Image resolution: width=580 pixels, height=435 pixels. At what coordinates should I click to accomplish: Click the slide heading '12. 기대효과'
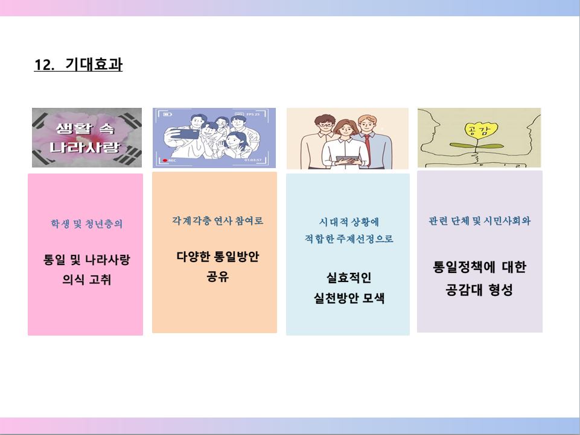click(x=78, y=64)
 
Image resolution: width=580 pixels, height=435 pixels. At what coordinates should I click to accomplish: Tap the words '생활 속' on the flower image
click(x=85, y=128)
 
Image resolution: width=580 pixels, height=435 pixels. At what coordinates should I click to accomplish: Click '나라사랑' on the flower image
click(x=85, y=147)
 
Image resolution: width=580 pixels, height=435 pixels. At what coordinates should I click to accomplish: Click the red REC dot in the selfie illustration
click(x=165, y=160)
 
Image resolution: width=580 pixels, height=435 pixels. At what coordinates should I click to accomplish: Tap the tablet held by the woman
click(x=347, y=160)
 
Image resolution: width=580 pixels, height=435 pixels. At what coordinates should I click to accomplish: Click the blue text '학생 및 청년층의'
click(x=86, y=224)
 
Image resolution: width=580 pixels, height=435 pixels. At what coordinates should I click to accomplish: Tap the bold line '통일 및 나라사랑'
click(x=86, y=260)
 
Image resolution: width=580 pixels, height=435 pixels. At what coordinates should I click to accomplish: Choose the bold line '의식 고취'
click(x=86, y=279)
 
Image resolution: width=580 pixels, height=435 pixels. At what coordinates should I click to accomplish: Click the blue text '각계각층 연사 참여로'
click(x=217, y=221)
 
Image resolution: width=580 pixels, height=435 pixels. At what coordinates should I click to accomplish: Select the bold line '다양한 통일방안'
click(x=217, y=256)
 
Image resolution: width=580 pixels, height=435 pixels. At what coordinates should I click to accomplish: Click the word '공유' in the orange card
click(x=217, y=276)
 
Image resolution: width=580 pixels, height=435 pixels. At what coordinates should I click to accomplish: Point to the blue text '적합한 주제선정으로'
click(x=349, y=239)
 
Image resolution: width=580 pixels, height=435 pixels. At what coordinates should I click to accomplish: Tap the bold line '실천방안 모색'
click(x=349, y=298)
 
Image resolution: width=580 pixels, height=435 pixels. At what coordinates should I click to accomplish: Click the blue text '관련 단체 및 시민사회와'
click(x=479, y=221)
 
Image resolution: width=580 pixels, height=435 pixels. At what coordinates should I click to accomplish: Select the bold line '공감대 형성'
click(x=479, y=290)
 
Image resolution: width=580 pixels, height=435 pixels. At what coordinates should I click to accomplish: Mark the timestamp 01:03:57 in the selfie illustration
click(x=253, y=160)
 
